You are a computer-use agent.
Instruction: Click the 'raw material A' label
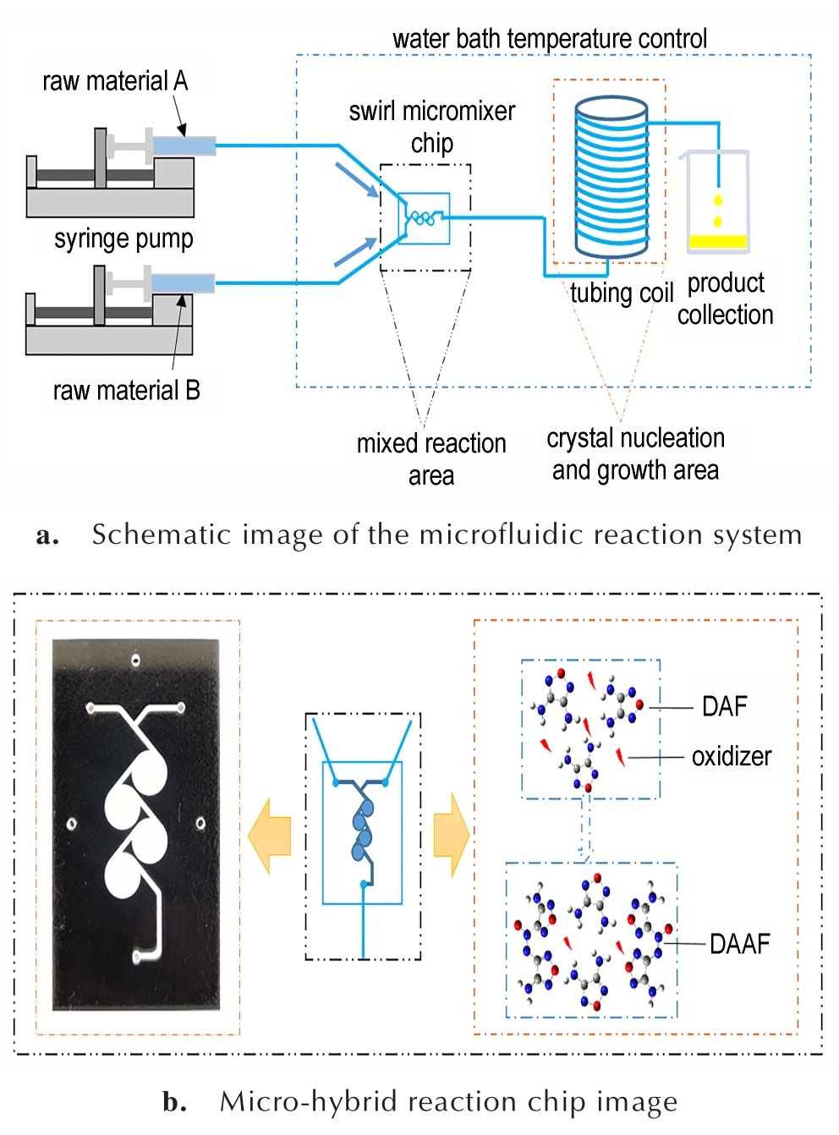coord(115,81)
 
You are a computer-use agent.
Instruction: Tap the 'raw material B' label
coord(126,391)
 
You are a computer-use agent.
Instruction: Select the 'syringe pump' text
coord(123,239)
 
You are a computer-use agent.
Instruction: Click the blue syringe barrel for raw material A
coord(184,145)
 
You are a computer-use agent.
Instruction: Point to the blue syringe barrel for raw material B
coord(184,283)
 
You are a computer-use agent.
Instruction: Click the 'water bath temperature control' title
coord(550,39)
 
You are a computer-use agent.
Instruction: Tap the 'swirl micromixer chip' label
coord(432,128)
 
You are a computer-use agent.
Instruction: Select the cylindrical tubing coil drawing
coord(611,176)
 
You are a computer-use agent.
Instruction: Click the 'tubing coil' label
coord(622,293)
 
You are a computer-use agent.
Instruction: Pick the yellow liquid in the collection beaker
coord(718,242)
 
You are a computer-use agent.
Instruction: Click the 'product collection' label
coord(726,299)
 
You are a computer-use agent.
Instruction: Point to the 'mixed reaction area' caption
coord(431,459)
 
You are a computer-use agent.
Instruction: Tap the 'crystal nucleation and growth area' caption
coord(635,454)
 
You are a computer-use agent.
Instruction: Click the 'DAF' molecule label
coord(724,706)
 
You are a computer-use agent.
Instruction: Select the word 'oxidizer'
coord(732,756)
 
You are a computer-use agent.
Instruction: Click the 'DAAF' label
coord(740,944)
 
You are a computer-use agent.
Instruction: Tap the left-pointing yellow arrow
coord(269,836)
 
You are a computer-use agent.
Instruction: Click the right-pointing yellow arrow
coord(452,836)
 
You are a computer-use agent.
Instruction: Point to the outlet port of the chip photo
coord(137,957)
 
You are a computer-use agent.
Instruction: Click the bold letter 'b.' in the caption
coord(174,1102)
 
